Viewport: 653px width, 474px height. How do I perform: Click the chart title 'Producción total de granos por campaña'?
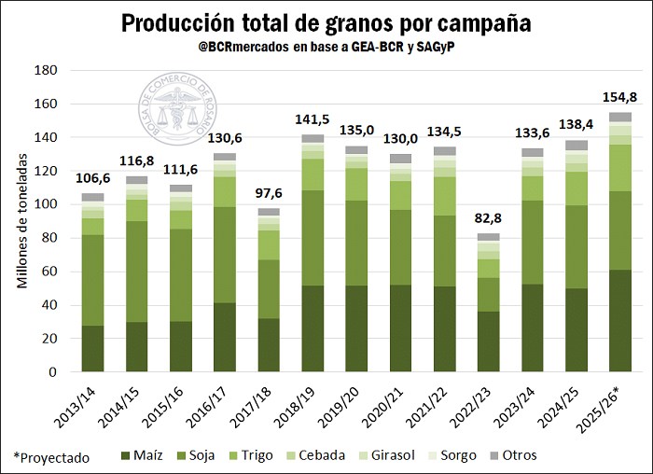(x=326, y=22)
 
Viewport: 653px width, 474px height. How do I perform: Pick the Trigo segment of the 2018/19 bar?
(x=313, y=174)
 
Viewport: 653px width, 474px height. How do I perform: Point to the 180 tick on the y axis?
(x=46, y=70)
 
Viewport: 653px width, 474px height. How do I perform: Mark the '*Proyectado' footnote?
(x=51, y=457)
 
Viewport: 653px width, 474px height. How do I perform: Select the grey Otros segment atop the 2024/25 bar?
(x=577, y=146)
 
